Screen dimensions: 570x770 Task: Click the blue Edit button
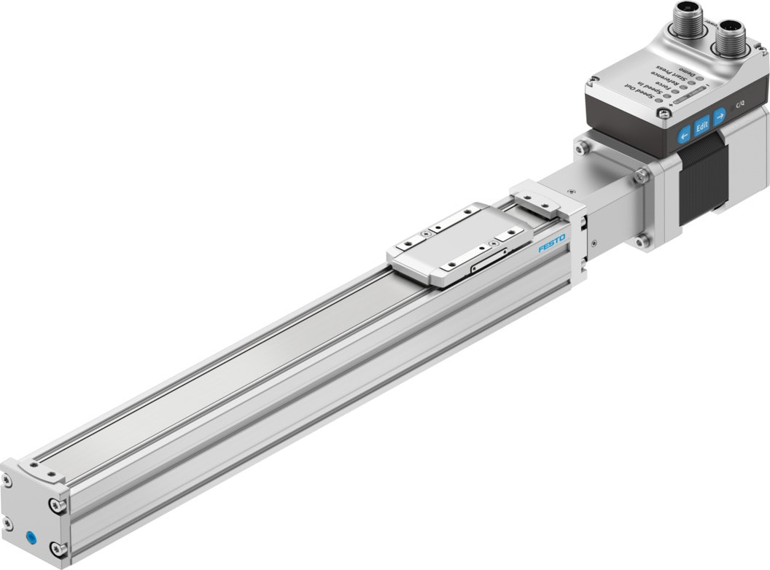click(701, 125)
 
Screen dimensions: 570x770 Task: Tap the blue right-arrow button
click(720, 114)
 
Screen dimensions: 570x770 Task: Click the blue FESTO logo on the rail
click(551, 244)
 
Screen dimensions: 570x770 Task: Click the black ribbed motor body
click(702, 179)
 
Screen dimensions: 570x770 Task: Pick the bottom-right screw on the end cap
click(55, 547)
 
